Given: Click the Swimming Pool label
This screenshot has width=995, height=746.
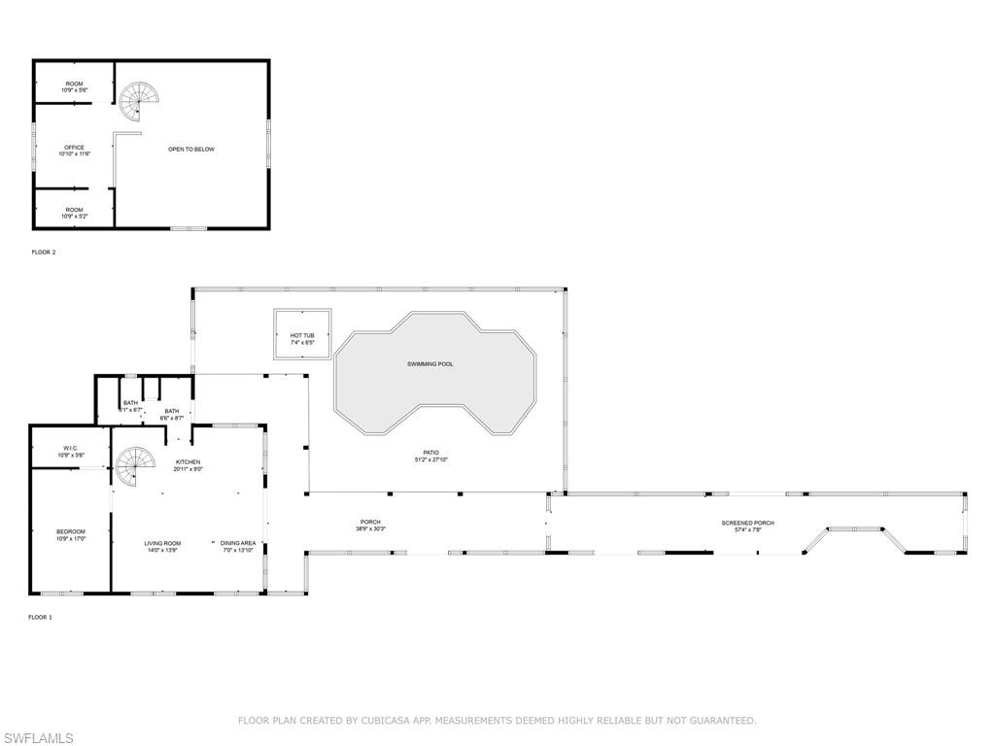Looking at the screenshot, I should (429, 364).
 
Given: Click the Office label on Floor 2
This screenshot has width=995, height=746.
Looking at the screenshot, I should (75, 148).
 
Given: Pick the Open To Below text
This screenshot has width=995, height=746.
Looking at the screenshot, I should (191, 150).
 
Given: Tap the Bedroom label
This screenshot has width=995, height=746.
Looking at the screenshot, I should (71, 531).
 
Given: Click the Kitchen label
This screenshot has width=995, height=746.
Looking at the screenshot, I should (188, 461).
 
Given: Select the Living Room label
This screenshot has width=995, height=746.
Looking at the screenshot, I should (163, 543).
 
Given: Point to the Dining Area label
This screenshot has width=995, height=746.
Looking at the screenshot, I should (238, 543).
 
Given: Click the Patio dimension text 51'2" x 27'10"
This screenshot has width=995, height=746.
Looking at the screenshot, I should (430, 458).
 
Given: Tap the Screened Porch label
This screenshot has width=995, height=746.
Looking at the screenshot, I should (747, 524).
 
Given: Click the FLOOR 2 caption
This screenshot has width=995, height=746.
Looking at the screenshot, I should (44, 253).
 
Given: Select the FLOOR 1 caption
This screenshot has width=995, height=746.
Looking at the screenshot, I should (40, 617).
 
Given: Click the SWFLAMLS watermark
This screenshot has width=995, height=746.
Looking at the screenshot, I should (38, 739).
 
